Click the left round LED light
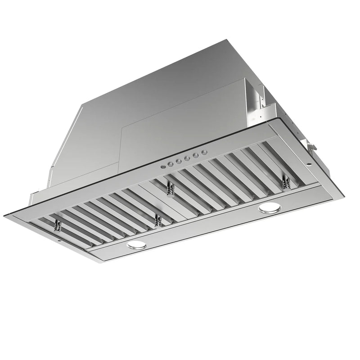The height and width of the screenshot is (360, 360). [x=137, y=245]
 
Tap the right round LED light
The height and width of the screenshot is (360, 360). [x=269, y=207]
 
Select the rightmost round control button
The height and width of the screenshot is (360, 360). [x=205, y=153]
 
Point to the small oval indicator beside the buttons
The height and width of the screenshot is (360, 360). [x=162, y=166]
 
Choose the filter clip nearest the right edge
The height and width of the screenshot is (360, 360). [x=285, y=182]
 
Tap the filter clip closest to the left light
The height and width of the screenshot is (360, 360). [x=157, y=220]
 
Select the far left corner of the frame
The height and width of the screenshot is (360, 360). [x=5, y=216]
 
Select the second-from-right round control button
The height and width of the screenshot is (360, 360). [x=198, y=154]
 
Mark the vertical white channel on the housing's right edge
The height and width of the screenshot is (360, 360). [x=254, y=97]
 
